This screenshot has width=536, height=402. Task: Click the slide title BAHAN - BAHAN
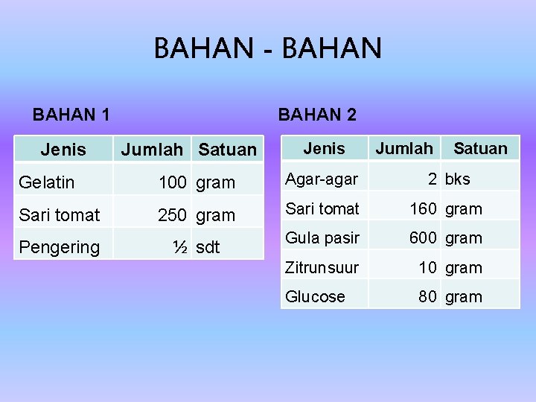coord(267,49)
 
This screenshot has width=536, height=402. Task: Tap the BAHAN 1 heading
coord(71,115)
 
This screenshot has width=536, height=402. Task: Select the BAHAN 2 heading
coord(317,115)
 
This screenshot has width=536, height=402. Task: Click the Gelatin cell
coord(47,182)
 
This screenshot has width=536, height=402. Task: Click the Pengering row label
coord(59,247)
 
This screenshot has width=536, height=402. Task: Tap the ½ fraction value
coord(179,247)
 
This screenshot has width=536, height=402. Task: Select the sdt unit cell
coord(208,247)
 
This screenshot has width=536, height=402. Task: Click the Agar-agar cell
coord(321,179)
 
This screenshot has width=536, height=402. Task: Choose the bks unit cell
coord(458,179)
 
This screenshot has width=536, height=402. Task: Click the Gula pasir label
coord(322,238)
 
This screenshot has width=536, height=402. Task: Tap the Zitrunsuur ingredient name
coord(322,267)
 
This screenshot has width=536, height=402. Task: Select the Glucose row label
coord(316,296)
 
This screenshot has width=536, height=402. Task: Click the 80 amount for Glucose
coord(428,296)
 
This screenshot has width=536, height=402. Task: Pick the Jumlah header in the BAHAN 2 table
coord(403,148)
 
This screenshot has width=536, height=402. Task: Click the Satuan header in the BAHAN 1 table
coord(227,150)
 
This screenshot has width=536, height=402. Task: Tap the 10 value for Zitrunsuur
coord(428,267)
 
